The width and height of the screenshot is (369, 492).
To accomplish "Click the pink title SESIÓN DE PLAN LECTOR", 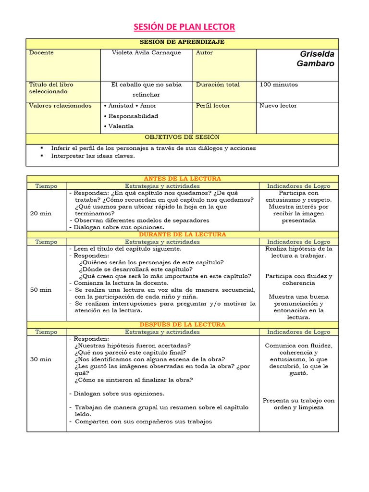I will click(184, 26).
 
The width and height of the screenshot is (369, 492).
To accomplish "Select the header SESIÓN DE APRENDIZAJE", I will click(182, 42).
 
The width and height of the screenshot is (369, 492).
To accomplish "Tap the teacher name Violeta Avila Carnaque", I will click(146, 53).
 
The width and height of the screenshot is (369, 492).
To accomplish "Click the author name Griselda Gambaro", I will click(316, 59).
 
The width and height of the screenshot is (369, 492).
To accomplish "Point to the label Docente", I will click(41, 53).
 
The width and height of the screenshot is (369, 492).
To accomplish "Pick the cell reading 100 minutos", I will click(279, 85).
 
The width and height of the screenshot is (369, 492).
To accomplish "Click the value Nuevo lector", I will click(278, 106).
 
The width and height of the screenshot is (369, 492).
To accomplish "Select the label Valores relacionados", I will click(60, 106).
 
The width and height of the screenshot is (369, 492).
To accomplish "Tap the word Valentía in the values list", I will click(121, 126).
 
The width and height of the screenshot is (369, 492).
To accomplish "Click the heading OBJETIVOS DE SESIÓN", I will click(182, 137).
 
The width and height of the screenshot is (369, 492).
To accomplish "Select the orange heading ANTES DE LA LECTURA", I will click(182, 179).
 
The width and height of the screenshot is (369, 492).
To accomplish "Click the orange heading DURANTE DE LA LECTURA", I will click(182, 234).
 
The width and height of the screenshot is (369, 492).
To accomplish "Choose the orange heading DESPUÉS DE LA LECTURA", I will click(182, 325).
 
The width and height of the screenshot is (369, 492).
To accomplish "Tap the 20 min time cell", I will click(41, 213).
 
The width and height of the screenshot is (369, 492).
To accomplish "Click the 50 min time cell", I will click(41, 290).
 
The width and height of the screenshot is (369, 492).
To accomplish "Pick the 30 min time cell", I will click(41, 359).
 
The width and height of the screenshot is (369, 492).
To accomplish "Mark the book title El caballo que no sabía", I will click(146, 85).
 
